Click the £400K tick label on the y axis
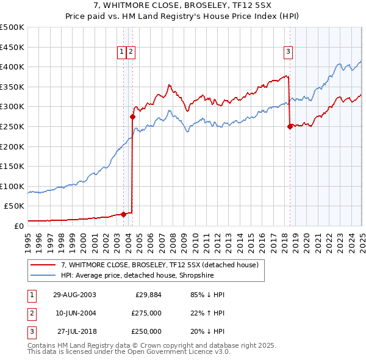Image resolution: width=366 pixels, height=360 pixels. click(12, 67)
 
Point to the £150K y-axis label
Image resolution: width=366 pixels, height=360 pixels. click(12, 167)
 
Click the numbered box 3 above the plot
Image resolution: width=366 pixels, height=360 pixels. click(287, 52)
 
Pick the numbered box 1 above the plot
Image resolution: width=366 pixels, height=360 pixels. click(122, 52)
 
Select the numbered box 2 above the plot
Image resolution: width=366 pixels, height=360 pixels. click(131, 52)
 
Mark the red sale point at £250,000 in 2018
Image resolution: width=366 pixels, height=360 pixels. click(290, 126)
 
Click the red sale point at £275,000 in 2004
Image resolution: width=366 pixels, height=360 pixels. click(132, 117)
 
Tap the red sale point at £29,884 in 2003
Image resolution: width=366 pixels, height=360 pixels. click(124, 214)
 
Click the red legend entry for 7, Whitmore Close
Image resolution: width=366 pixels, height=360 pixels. click(160, 265)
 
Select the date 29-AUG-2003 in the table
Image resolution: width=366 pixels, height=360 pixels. click(74, 294)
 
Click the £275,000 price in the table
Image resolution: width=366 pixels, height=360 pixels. click(146, 313)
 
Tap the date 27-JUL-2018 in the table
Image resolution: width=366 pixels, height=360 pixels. click(74, 331)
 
